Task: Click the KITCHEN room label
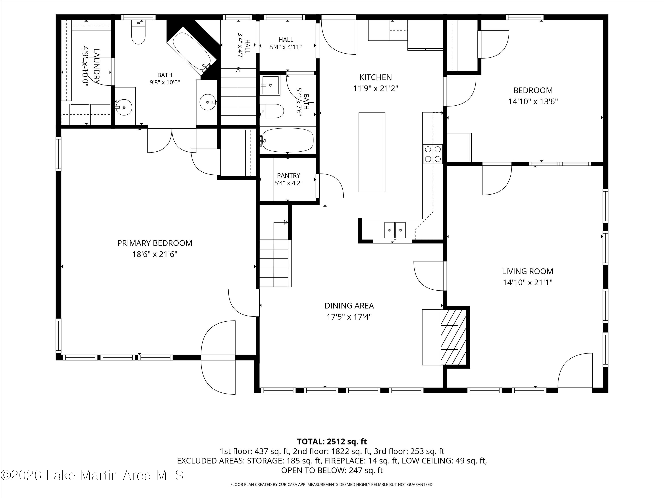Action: (376, 77)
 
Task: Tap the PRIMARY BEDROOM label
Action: (154, 243)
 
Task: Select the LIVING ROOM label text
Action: (527, 271)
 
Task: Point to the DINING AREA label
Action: (349, 306)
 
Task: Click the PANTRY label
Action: (288, 175)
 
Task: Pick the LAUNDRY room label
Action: (96, 66)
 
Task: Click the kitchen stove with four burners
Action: (433, 154)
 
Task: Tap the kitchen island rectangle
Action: (372, 152)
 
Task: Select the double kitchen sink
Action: (395, 230)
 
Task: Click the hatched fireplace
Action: (453, 337)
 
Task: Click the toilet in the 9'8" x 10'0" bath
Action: (138, 31)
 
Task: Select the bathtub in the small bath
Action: (288, 140)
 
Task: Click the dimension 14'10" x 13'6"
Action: (533, 101)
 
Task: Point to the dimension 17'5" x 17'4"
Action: (349, 317)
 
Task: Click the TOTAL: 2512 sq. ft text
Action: (332, 442)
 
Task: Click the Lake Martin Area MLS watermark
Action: (92, 475)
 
